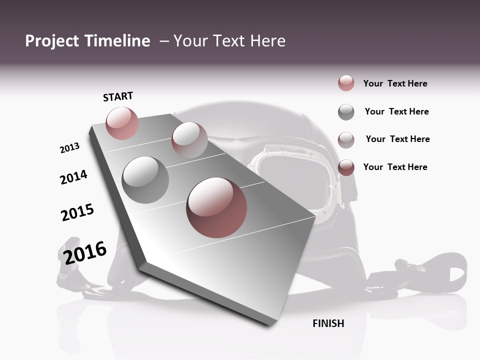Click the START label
click(118, 96)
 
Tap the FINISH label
click(328, 323)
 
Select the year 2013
click(69, 148)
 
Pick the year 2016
click(85, 252)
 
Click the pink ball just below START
click(122, 123)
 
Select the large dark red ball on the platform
click(216, 207)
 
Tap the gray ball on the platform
click(145, 179)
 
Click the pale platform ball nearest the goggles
click(189, 140)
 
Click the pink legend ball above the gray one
click(346, 83)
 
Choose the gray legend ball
click(346, 112)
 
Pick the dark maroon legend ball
click(346, 167)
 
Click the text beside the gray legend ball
click(396, 111)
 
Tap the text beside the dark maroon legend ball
click(395, 167)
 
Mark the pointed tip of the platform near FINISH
click(272, 324)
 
